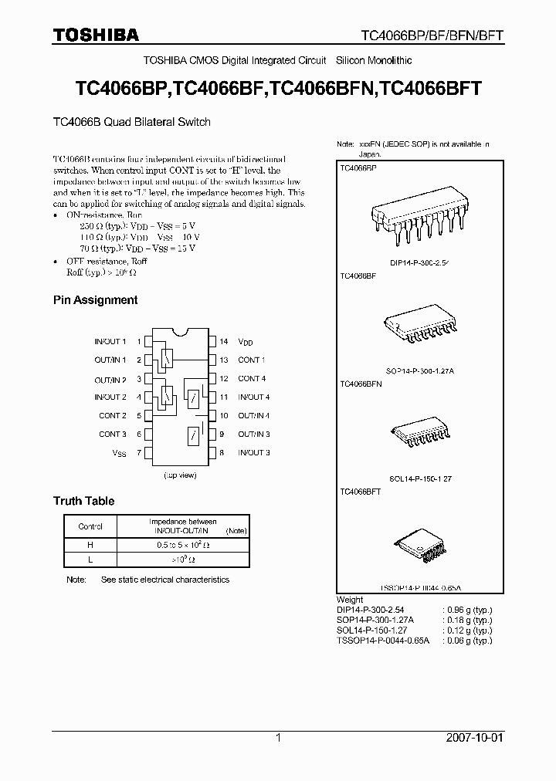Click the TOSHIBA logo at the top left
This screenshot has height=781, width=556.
(96, 34)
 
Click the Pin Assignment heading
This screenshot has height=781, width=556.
(95, 299)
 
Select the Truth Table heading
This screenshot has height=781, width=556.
(83, 501)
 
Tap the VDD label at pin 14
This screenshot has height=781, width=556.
(246, 341)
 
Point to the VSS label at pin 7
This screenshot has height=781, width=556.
(119, 453)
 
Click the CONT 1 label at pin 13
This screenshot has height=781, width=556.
(251, 360)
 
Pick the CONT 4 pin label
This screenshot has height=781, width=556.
(252, 379)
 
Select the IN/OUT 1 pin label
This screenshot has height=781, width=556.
(110, 341)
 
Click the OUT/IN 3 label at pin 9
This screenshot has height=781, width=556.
(253, 434)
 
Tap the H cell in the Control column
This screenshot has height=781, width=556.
(90, 544)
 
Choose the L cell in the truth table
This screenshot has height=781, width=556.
(90, 560)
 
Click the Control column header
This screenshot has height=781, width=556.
(90, 526)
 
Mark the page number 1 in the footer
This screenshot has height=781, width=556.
(278, 738)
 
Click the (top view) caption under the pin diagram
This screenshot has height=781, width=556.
(180, 476)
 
